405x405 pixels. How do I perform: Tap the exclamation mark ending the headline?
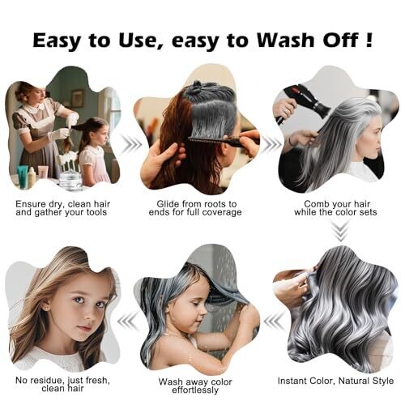(x=369, y=40)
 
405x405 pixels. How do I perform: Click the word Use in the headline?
(x=140, y=40)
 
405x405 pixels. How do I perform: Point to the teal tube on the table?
(x=23, y=176)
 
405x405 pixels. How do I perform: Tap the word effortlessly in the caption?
(x=195, y=390)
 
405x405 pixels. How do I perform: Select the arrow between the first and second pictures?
(x=131, y=144)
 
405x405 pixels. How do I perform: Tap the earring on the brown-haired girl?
(x=49, y=308)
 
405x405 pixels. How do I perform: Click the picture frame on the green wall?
(x=78, y=97)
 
